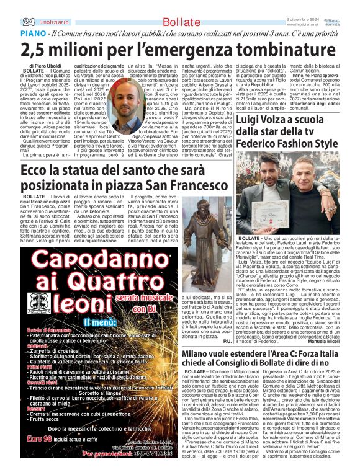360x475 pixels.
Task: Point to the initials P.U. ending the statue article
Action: [x=227, y=341]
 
